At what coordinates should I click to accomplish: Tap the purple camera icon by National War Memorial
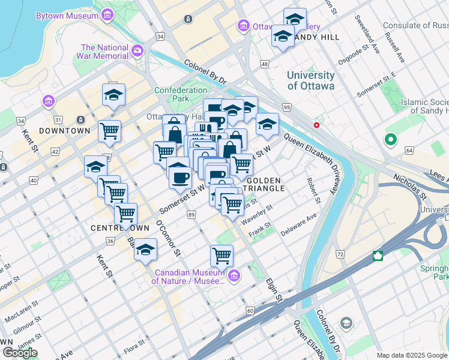[139, 50]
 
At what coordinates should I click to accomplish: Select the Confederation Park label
[181, 94]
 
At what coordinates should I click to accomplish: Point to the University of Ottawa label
[310, 80]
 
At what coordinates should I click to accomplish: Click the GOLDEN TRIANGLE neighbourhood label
[264, 184]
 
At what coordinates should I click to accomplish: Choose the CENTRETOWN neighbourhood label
[115, 229]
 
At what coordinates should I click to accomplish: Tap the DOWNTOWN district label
[64, 130]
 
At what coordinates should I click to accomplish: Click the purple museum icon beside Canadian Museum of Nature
[234, 276]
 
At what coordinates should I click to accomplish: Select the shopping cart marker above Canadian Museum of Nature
[221, 256]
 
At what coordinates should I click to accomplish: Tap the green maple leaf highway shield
[378, 256]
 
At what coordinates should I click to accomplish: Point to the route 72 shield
[340, 255]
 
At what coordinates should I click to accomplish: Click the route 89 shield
[191, 215]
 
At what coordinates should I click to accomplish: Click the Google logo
[19, 353]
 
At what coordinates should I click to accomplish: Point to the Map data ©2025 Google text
[412, 355]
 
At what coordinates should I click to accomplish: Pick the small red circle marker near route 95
[316, 125]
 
